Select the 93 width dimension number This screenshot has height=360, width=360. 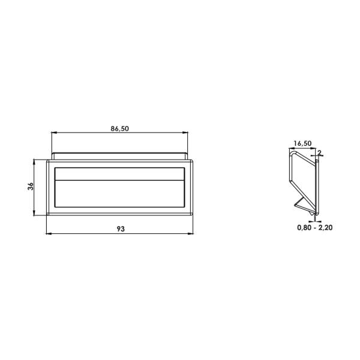(x=120, y=229)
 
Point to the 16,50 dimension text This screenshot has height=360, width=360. (x=302, y=143)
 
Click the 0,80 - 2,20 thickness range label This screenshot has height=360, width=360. (x=315, y=228)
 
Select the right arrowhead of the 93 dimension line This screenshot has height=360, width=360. (x=191, y=233)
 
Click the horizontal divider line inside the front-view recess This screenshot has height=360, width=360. (x=120, y=181)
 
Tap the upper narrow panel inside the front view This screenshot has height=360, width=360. (x=120, y=174)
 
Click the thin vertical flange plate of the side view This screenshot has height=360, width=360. (x=316, y=186)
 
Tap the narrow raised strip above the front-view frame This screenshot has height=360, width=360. (x=120, y=156)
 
